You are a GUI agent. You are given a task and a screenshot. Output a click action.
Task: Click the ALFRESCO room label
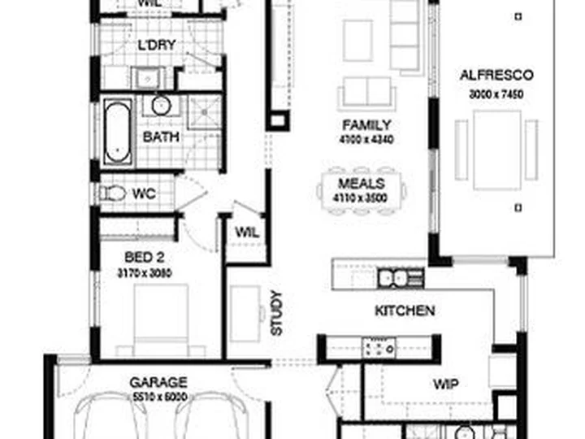coord(496,76)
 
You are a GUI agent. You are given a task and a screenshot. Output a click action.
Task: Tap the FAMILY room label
coord(366,125)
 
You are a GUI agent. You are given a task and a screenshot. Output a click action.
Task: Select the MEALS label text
coord(362,185)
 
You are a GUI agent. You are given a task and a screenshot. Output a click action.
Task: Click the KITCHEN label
coord(405,311)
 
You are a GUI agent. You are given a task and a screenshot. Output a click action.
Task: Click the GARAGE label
coord(158,381)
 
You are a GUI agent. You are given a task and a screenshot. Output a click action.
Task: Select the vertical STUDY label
coord(276,313)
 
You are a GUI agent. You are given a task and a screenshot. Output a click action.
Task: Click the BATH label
coord(161,137)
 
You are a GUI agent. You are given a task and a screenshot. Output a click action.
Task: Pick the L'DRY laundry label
coord(157,45)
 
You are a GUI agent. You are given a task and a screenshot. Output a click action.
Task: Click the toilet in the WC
coord(115,193)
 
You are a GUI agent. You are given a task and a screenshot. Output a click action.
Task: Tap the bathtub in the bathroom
coord(117,131)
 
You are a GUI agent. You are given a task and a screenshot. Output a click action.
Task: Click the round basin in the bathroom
coord(161,105)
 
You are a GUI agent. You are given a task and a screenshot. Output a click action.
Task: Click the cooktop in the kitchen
coord(379,348)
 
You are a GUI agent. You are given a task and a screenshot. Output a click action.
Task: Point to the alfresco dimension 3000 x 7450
coord(496,95)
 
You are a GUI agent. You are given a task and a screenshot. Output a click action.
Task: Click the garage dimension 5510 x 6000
coord(158,396)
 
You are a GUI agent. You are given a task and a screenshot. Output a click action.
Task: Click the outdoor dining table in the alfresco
coord(496,150)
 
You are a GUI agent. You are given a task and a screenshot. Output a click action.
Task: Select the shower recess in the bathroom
coord(205,112)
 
